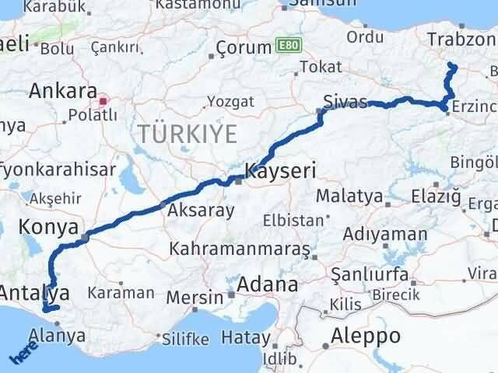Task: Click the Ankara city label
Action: (62, 90)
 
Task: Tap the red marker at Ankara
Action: (103, 101)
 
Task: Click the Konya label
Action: (46, 228)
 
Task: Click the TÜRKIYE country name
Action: (186, 134)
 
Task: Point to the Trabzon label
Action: (461, 39)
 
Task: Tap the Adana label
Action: (268, 284)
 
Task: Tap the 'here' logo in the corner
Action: (23, 354)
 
